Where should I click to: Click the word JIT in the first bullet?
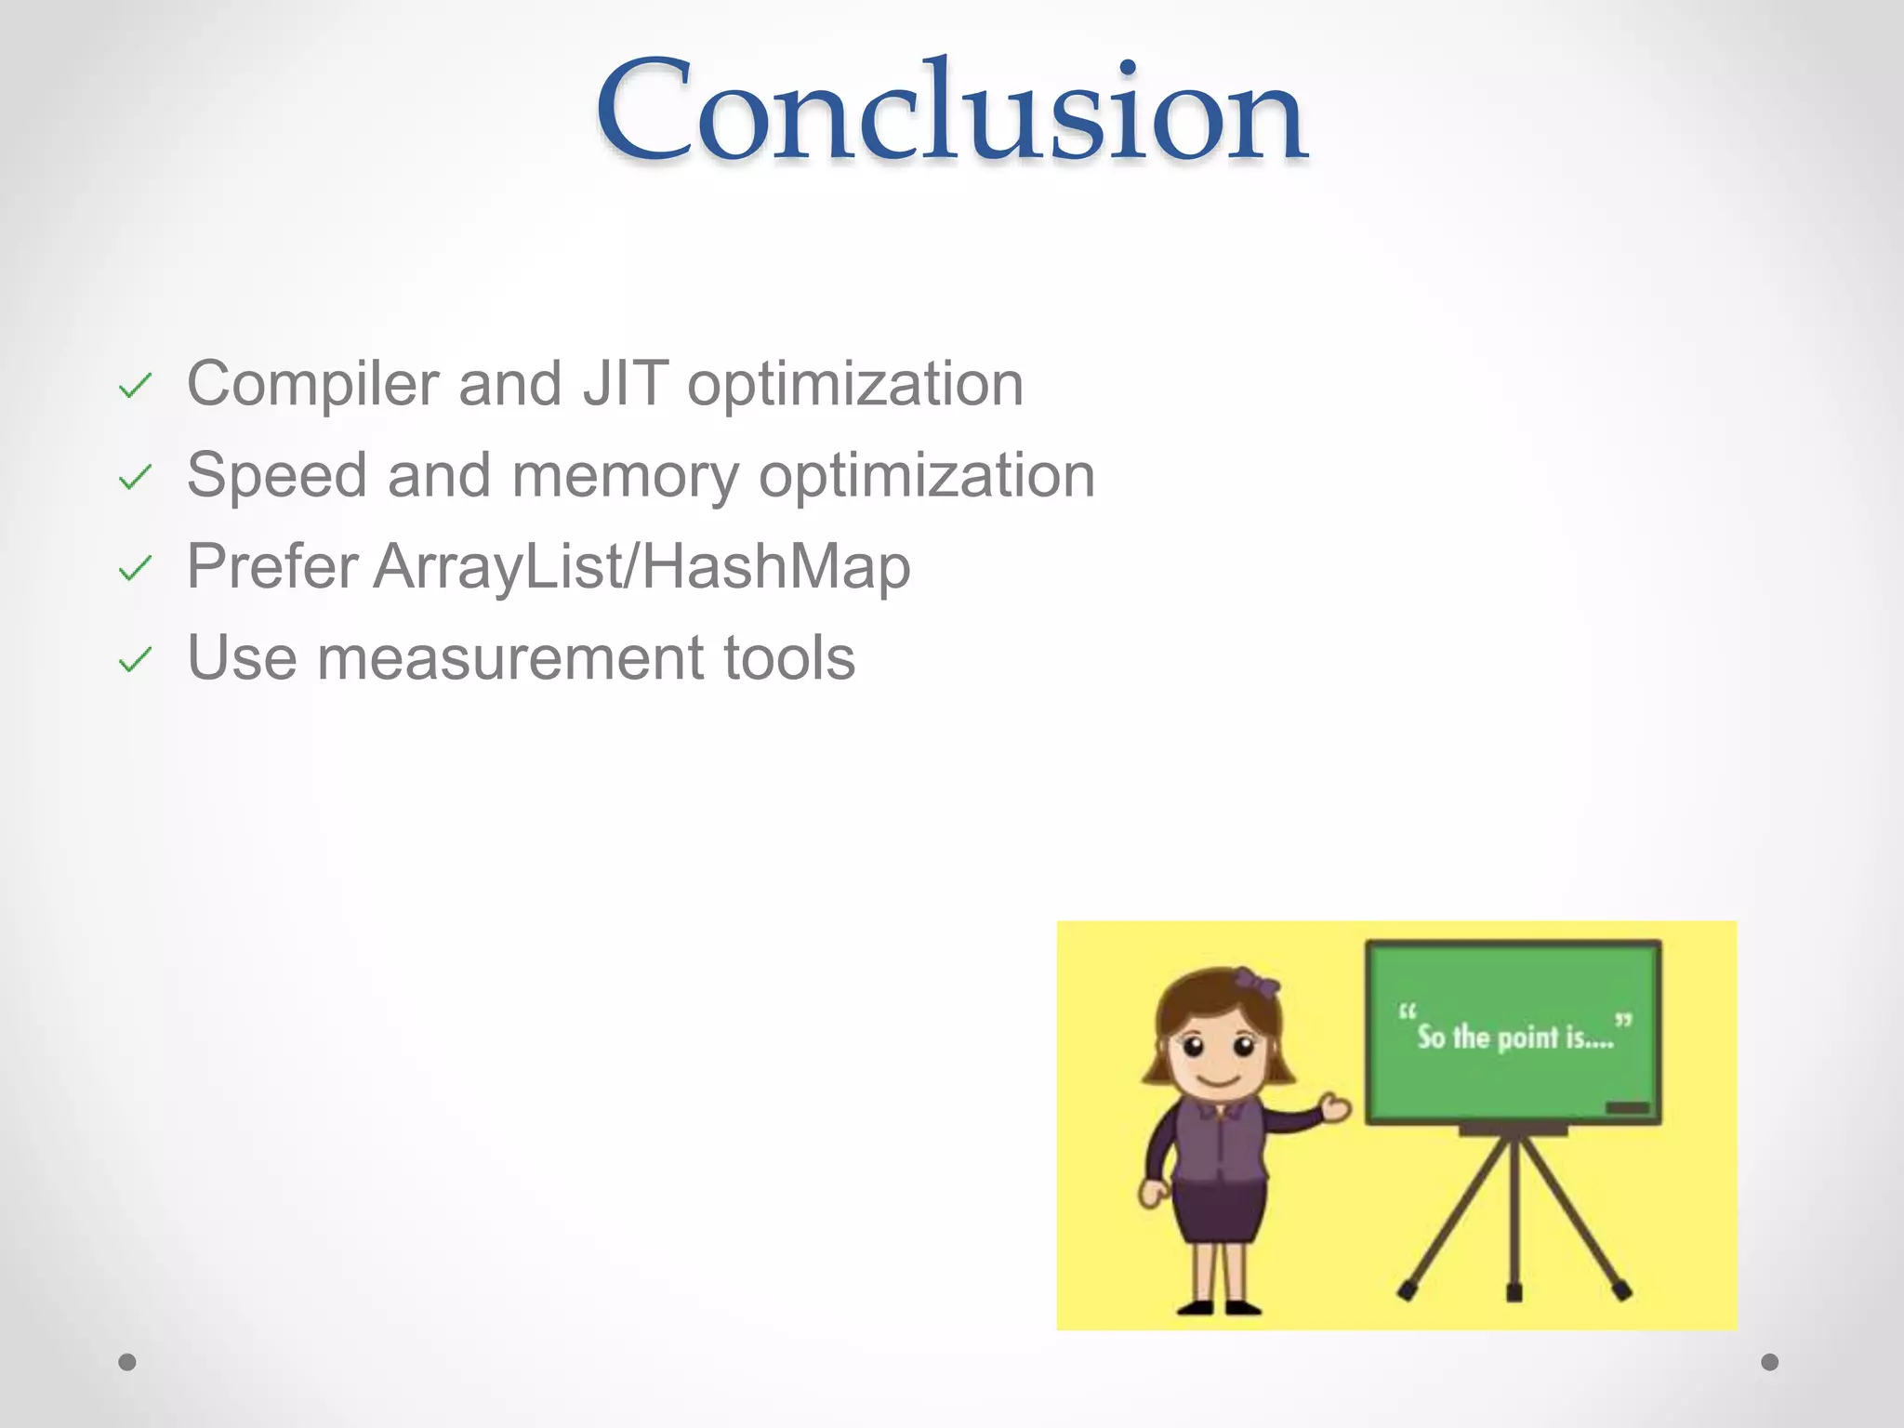(x=625, y=383)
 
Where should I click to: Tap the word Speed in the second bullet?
(x=276, y=475)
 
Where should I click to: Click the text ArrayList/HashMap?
(x=641, y=566)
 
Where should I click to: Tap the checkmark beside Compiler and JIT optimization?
(x=135, y=386)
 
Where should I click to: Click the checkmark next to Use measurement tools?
(x=135, y=660)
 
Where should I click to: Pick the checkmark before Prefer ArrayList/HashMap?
(x=135, y=568)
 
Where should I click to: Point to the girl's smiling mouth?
(x=1218, y=1081)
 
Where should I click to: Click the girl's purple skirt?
(x=1219, y=1209)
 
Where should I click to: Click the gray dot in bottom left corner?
(x=127, y=1362)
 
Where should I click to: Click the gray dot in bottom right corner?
(x=1770, y=1362)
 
